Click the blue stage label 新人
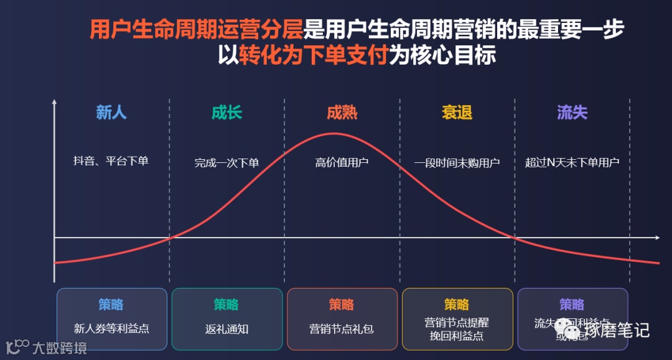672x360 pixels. click(x=111, y=113)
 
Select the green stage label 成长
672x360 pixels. click(x=226, y=113)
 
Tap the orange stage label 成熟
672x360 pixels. click(x=342, y=113)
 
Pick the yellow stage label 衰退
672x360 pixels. click(x=457, y=113)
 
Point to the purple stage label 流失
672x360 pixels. click(x=572, y=113)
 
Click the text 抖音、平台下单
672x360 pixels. click(x=111, y=161)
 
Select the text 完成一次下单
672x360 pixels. click(x=226, y=163)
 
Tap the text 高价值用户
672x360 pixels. click(x=342, y=163)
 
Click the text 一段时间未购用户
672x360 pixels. click(x=457, y=163)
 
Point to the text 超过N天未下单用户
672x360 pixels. click(x=572, y=163)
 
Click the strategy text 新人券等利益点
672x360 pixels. click(x=111, y=328)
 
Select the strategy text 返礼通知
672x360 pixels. click(x=226, y=329)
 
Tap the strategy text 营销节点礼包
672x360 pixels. click(x=342, y=329)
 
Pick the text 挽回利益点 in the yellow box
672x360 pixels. click(x=457, y=336)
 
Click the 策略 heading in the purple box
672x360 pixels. click(x=572, y=305)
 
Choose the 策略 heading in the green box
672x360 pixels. click(x=226, y=305)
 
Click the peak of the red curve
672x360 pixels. click(x=334, y=134)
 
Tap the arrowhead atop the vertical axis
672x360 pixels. click(x=55, y=102)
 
